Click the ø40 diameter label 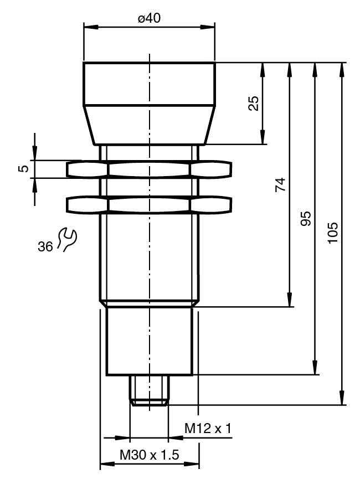click(x=149, y=18)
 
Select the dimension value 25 click(x=254, y=104)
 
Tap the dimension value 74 click(x=281, y=184)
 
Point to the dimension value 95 click(x=306, y=219)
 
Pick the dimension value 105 click(x=333, y=233)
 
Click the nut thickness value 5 click(x=23, y=168)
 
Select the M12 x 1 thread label click(x=208, y=429)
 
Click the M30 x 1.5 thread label click(x=150, y=455)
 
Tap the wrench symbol click(x=66, y=239)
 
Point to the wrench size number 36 click(x=45, y=246)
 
